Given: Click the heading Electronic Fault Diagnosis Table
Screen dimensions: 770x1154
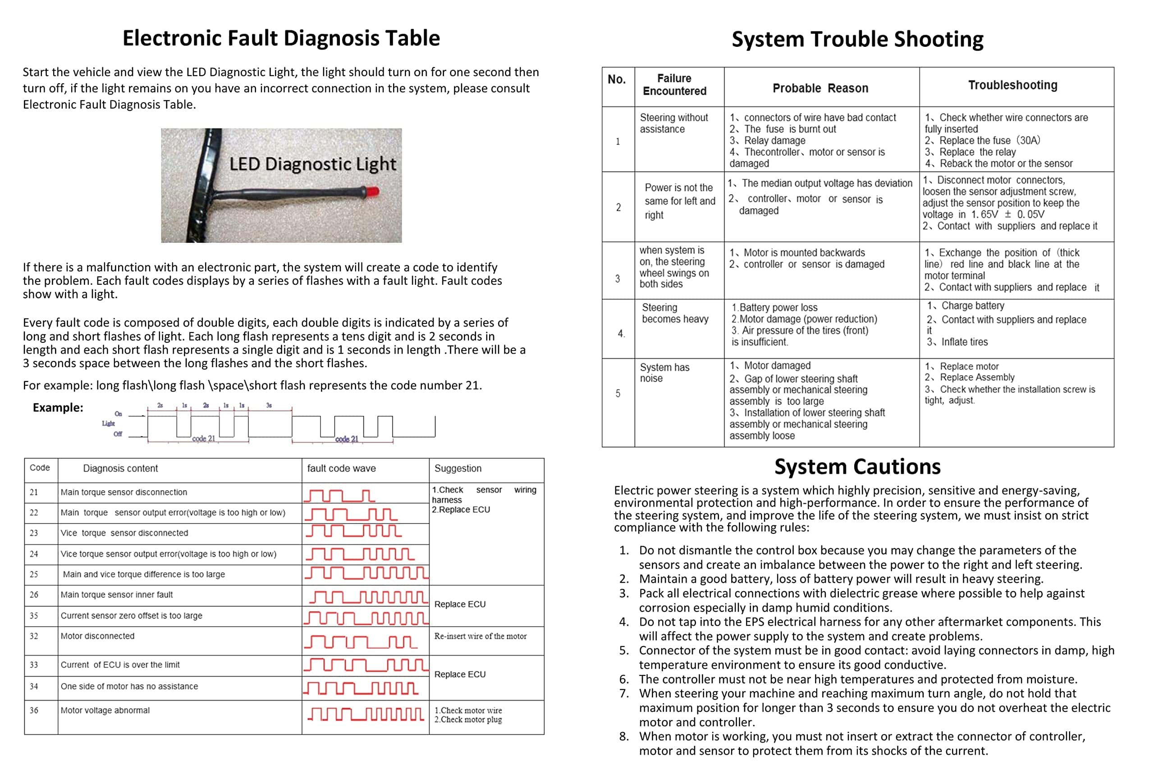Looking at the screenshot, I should click(281, 38).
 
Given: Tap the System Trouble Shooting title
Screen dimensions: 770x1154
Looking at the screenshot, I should click(857, 39).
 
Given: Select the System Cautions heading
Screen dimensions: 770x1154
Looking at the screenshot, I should click(857, 466).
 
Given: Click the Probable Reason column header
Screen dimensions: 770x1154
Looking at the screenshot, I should click(820, 88).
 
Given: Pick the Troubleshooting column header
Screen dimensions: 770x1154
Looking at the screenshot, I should click(1012, 86).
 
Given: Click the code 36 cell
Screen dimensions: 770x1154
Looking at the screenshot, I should click(34, 711).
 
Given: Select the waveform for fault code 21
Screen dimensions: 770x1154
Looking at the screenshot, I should click(340, 495).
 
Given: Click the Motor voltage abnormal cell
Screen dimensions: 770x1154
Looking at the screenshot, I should click(105, 711).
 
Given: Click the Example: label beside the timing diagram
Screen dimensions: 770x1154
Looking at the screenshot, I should click(58, 408).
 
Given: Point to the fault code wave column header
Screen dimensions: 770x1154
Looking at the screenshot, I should click(341, 469).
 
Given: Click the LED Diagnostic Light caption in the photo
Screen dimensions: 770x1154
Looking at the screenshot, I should click(312, 164).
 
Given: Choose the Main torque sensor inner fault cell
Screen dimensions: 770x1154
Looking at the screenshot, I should click(117, 595).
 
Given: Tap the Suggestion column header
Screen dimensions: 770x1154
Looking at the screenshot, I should click(458, 469).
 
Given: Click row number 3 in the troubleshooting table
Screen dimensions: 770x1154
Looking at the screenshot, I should click(618, 278).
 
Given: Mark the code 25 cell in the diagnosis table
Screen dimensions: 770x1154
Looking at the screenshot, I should click(34, 574).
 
